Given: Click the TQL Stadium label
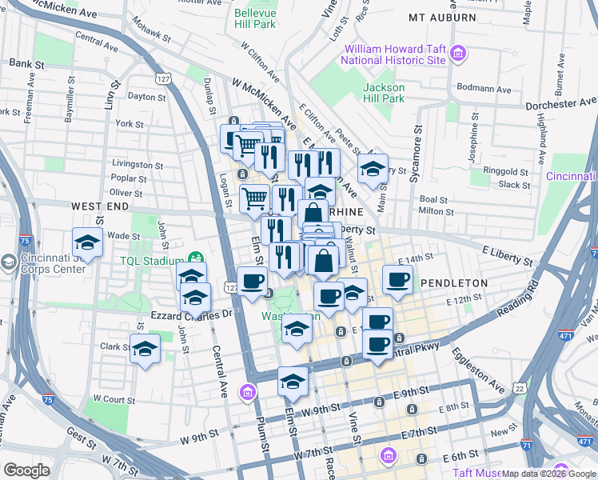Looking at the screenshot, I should (x=148, y=260).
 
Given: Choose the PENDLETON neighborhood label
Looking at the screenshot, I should (x=453, y=283).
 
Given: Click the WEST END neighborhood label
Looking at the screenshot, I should (x=101, y=206).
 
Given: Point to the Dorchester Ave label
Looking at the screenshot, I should (x=562, y=105).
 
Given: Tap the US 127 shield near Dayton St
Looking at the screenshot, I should (x=163, y=79).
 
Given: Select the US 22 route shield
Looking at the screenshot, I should (x=520, y=388).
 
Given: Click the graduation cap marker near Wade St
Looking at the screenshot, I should (x=88, y=242).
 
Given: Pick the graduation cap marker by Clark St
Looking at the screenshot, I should (x=145, y=349).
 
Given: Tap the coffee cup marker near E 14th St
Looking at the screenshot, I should (x=397, y=280).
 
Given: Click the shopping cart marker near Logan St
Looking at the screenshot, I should (x=254, y=198).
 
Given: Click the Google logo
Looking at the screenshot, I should (x=26, y=470).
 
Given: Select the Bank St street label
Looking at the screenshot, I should (x=26, y=63).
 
